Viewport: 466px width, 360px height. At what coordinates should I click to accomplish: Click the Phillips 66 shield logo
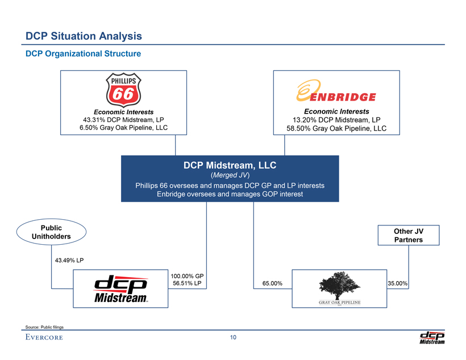click(x=123, y=90)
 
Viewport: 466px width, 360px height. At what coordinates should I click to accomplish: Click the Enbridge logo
click(x=336, y=91)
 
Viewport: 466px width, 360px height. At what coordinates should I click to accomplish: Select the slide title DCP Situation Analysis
click(x=84, y=36)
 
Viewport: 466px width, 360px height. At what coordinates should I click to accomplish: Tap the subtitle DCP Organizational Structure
click(x=83, y=53)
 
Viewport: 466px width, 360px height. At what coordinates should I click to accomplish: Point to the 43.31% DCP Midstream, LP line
click(x=123, y=120)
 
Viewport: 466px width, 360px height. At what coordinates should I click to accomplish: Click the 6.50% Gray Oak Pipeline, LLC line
click(x=123, y=128)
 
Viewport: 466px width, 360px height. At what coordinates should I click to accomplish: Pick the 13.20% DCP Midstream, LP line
click(x=336, y=120)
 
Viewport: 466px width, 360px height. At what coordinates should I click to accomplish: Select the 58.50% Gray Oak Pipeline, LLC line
click(x=336, y=128)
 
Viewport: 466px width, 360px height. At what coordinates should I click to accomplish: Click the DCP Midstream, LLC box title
click(x=230, y=165)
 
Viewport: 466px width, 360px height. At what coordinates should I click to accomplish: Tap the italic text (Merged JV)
click(x=230, y=175)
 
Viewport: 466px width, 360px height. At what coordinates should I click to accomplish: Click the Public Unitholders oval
click(x=51, y=232)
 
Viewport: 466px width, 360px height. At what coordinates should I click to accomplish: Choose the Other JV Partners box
click(x=409, y=235)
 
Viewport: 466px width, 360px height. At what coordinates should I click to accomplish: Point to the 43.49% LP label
click(x=69, y=261)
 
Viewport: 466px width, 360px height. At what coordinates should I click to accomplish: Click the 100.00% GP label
click(x=187, y=276)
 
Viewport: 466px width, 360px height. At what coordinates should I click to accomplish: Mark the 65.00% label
click(x=272, y=283)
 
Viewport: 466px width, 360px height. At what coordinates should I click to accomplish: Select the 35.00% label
click(x=398, y=283)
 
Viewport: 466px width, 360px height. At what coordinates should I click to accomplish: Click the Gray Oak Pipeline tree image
click(x=339, y=286)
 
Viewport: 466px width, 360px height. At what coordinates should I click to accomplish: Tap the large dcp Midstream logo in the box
click(x=120, y=288)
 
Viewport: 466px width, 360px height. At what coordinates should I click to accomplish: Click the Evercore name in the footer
click(x=44, y=337)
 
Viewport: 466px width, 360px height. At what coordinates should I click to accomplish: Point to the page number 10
click(x=233, y=337)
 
